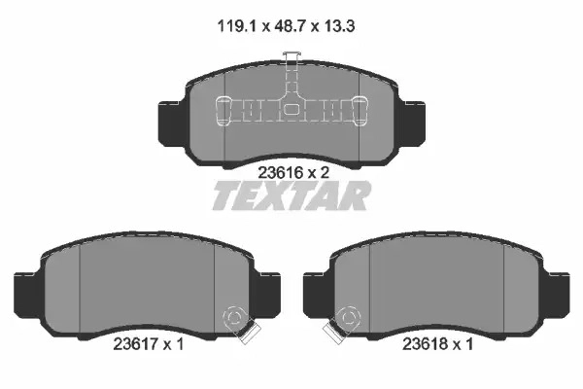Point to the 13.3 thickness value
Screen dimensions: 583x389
(339, 26)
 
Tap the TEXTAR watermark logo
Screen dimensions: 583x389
(291, 195)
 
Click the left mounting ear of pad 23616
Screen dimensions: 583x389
(171, 124)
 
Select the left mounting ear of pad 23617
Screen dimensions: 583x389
(27, 296)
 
